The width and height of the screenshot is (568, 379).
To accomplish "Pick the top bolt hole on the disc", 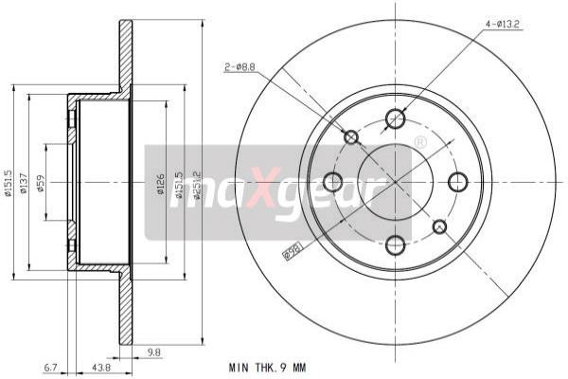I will point(396,118).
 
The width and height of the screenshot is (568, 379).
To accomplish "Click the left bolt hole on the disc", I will point(332,181).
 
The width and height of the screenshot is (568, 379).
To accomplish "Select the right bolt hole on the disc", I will point(458,181).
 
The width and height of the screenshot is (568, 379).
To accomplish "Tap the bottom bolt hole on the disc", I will point(396,244).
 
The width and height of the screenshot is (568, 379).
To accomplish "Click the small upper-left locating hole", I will point(351,137).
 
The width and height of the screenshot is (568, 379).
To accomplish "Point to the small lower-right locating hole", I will point(439,226).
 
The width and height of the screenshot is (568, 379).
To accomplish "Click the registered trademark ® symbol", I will point(419,142).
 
